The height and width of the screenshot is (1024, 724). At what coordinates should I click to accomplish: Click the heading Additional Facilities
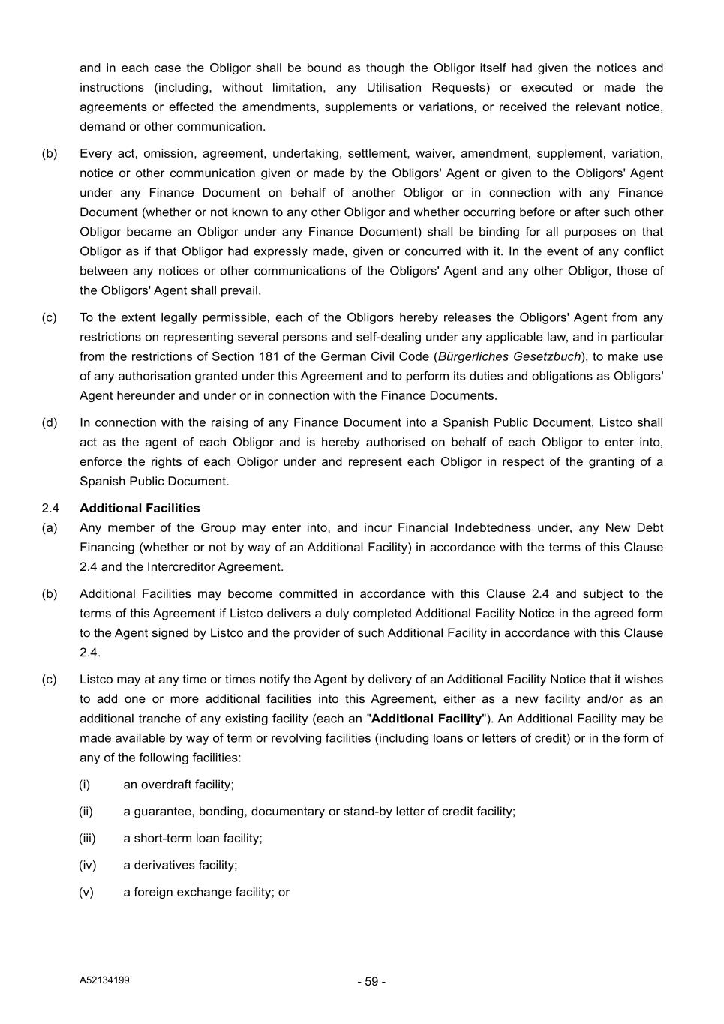[140, 509]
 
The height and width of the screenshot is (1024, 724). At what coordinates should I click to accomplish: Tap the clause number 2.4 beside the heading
[50, 509]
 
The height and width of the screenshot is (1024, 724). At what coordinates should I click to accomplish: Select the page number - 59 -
[371, 982]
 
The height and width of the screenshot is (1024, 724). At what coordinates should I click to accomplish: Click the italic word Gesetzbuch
[547, 357]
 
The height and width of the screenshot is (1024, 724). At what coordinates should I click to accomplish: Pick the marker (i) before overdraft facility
[84, 785]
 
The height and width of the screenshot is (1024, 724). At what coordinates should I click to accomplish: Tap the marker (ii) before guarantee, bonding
[86, 812]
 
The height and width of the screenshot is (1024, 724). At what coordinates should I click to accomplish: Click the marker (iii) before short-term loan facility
[87, 839]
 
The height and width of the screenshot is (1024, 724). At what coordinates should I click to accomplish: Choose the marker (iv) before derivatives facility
[87, 866]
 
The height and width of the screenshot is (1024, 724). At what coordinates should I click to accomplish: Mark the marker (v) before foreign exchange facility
[86, 893]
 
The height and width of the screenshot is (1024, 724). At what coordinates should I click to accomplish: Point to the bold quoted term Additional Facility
[426, 719]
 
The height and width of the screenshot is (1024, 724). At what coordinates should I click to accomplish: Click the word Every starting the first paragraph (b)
[95, 154]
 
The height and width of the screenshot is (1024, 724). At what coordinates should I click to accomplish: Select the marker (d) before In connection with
[50, 423]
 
